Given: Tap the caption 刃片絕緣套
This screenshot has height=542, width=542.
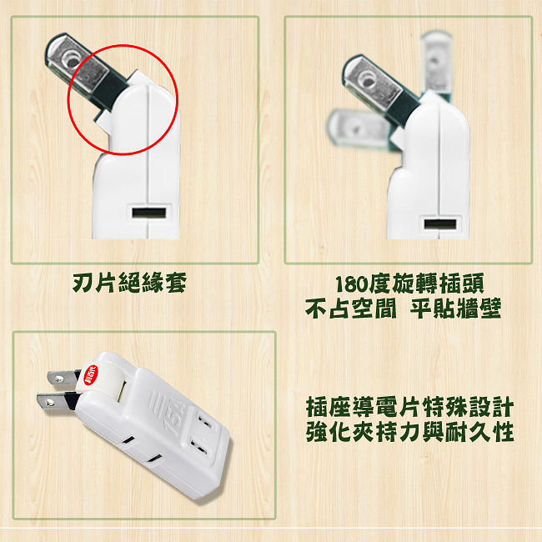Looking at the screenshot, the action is pyautogui.click(x=129, y=283).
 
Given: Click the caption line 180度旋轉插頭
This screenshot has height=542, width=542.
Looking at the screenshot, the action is pyautogui.click(x=409, y=284).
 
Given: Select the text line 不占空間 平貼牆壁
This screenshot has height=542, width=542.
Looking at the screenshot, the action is pyautogui.click(x=403, y=309).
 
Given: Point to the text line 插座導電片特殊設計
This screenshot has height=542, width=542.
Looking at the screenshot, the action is pyautogui.click(x=409, y=407).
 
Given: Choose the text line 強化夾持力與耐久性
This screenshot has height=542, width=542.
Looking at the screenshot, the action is pyautogui.click(x=409, y=431).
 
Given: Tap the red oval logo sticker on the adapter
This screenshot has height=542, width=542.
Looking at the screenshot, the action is pyautogui.click(x=91, y=374).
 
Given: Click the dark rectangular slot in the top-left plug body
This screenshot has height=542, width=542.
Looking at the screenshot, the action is pyautogui.click(x=149, y=213).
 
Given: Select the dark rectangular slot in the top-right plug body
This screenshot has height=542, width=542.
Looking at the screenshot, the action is pyautogui.click(x=440, y=224).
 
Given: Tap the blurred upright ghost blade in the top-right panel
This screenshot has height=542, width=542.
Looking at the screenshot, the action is pyautogui.click(x=436, y=64).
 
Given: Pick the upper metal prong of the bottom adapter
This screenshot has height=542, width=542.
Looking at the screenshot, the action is pyautogui.click(x=63, y=378).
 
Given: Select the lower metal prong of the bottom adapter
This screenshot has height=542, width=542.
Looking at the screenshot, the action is pyautogui.click(x=54, y=403).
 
